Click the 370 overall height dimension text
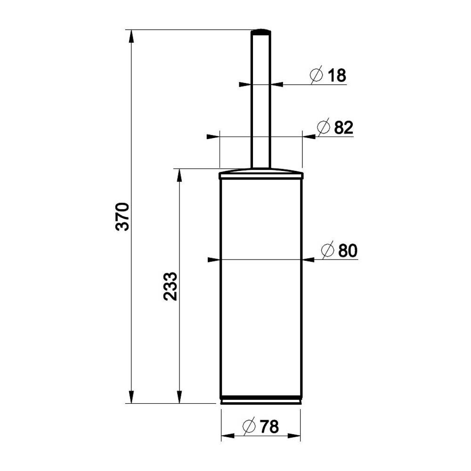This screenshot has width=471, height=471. pos(122,217)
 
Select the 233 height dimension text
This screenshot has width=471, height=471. pos(171,286)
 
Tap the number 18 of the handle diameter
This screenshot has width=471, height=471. pos(337,75)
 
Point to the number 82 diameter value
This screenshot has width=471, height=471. pos(344,127)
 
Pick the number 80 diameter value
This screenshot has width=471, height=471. pos(348,251)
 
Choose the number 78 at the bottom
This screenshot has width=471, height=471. pos(269,427)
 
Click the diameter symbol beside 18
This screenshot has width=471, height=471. pos(317,74)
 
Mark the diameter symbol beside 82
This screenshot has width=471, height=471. pos(324,127)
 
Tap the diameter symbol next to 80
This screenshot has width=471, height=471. pos(327,250)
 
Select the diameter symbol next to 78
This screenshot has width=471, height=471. pos(249,426)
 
